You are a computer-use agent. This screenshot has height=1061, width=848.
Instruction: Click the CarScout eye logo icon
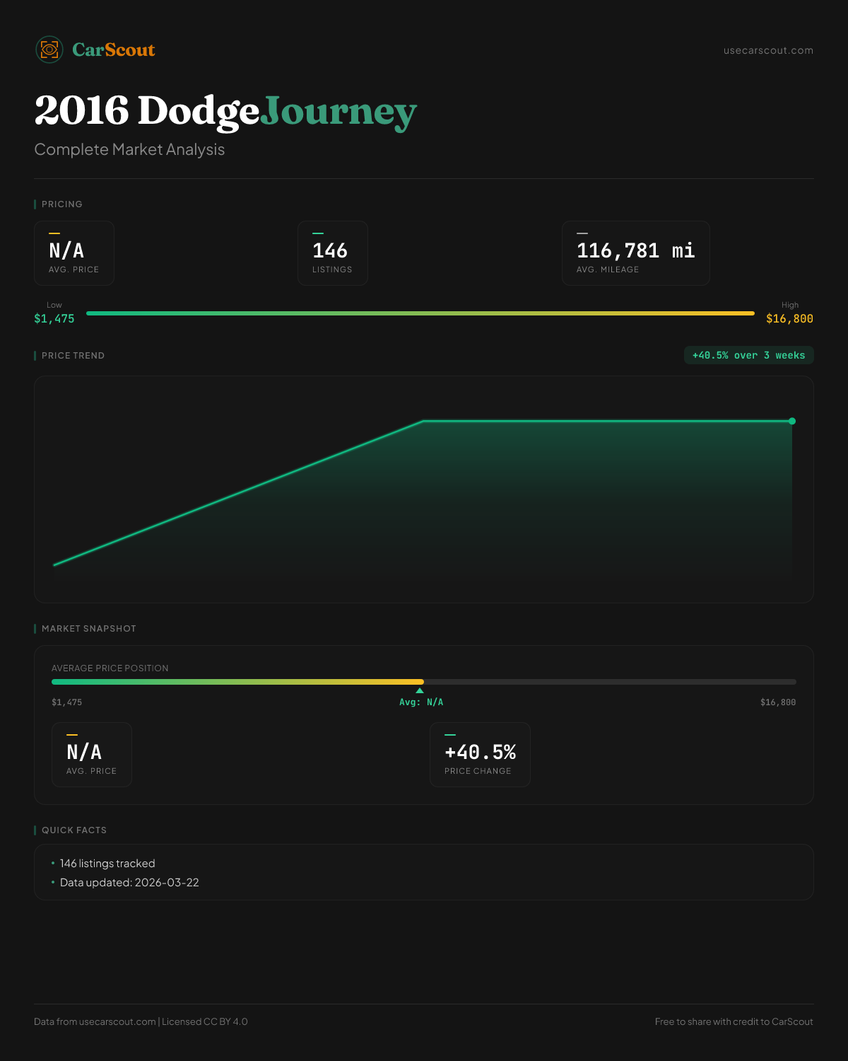point(49,50)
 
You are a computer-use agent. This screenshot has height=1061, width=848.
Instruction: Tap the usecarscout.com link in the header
point(768,50)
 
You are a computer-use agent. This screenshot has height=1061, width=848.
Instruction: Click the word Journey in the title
point(338,112)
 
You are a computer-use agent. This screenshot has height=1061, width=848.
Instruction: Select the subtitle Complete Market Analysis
point(129,150)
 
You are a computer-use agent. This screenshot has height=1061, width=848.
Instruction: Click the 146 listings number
point(330,250)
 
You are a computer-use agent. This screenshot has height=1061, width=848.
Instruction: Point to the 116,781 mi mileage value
point(635,250)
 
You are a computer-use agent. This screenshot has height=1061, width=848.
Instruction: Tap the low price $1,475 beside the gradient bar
point(54,318)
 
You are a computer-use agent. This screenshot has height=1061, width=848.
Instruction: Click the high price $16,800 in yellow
point(789,318)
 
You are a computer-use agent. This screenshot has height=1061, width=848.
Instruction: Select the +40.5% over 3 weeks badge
point(748,355)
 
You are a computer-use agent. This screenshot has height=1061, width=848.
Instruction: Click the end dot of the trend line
point(792,421)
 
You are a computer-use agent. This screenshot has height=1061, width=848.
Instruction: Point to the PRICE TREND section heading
point(73,356)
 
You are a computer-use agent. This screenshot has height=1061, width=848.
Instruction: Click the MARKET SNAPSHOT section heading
point(88,629)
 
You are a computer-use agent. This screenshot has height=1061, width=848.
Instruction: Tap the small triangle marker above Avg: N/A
point(420,690)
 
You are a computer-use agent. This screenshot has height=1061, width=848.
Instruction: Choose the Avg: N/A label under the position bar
point(421,702)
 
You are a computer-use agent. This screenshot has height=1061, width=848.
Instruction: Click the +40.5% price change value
point(480,752)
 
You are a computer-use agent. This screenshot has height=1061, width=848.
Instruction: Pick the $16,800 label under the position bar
point(777,702)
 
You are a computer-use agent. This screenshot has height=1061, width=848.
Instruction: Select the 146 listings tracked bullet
point(107,864)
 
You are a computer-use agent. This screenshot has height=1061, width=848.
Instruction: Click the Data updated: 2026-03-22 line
point(129,883)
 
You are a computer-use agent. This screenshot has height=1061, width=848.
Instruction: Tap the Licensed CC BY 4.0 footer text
point(205,1021)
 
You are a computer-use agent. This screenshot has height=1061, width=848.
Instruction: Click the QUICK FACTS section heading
point(74,830)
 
